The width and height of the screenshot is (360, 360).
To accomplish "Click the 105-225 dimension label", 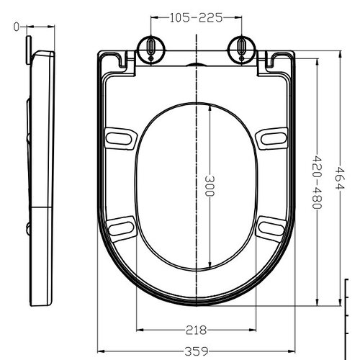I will (x=196, y=17).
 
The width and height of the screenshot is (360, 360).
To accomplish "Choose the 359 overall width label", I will (x=196, y=351).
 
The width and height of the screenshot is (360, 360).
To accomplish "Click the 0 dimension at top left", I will (x=16, y=27).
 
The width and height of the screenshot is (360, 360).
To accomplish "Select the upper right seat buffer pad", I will (x=273, y=136).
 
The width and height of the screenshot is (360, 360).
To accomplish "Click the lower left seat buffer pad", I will (x=121, y=227).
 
